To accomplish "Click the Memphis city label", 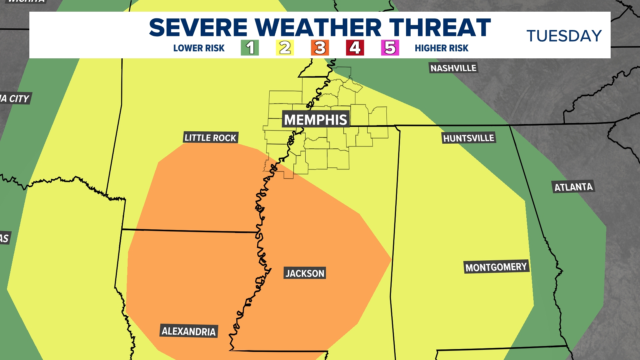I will [x=316, y=119].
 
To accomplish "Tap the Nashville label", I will [x=453, y=68].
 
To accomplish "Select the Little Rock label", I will [x=210, y=137].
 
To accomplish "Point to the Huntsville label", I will [x=469, y=138].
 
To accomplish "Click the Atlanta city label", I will [x=573, y=187].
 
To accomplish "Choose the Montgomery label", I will [x=496, y=267].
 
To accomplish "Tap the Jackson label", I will [x=305, y=273].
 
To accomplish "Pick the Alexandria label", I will [x=189, y=331].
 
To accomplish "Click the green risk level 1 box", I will [x=250, y=48].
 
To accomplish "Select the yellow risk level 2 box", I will [x=285, y=48].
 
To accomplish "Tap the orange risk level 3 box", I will [x=320, y=48].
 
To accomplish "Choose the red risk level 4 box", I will [x=355, y=48].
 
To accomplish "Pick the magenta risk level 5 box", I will [x=390, y=48].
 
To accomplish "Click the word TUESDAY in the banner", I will [x=564, y=36].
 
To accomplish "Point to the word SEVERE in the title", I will [x=198, y=27].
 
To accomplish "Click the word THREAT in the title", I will [x=440, y=27].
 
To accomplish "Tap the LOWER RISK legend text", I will [x=199, y=48].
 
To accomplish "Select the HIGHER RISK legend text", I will [x=441, y=48].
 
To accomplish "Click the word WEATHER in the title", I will [x=318, y=27].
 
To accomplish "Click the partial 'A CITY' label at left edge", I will [x=15, y=99].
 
